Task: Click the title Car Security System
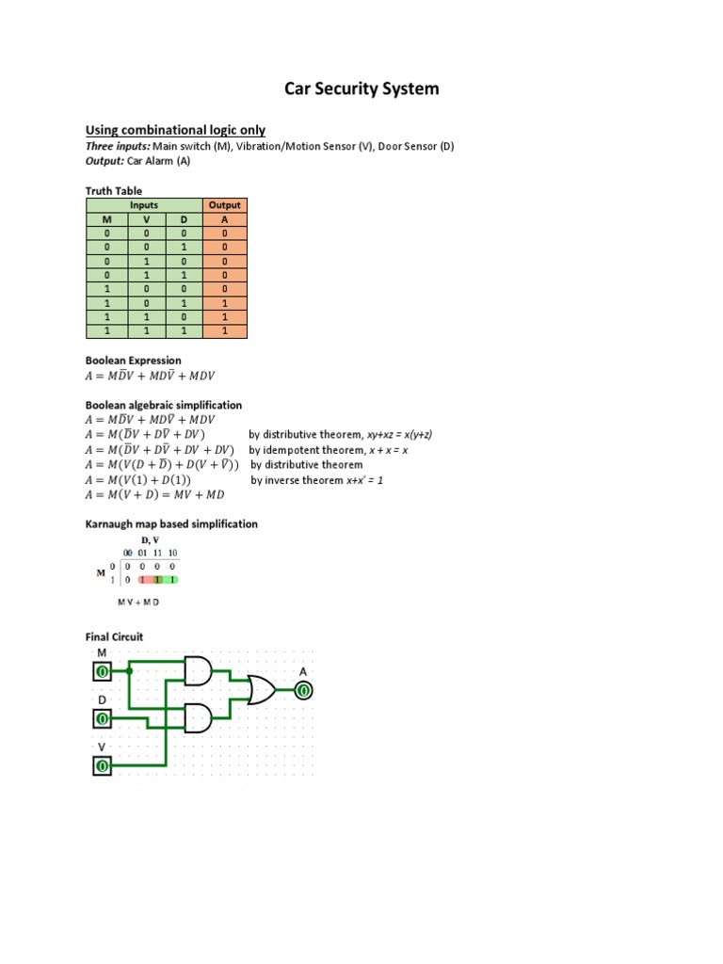pos(361,89)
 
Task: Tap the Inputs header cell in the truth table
pos(144,204)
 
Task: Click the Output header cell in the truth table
pos(224,204)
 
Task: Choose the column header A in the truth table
pos(224,218)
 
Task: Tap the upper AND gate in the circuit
pos(199,670)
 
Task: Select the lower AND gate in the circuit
pos(199,718)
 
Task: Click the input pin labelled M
pos(102,671)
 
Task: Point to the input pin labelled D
pos(102,719)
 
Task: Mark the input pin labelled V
pos(102,766)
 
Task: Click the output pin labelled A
pos(303,691)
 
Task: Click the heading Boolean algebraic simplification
pos(163,405)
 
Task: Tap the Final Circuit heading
pos(114,637)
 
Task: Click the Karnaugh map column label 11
pos(156,553)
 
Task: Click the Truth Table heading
pos(113,191)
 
